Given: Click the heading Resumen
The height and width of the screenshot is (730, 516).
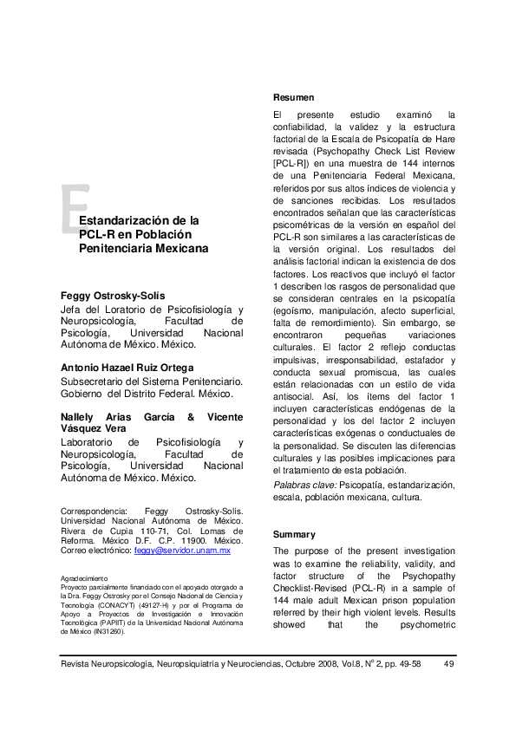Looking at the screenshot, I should [x=293, y=97].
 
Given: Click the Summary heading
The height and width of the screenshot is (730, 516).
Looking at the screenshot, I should [x=294, y=534].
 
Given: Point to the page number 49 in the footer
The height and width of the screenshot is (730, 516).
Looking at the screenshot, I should [x=448, y=665].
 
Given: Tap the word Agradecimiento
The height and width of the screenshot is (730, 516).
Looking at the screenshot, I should [x=83, y=577].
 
